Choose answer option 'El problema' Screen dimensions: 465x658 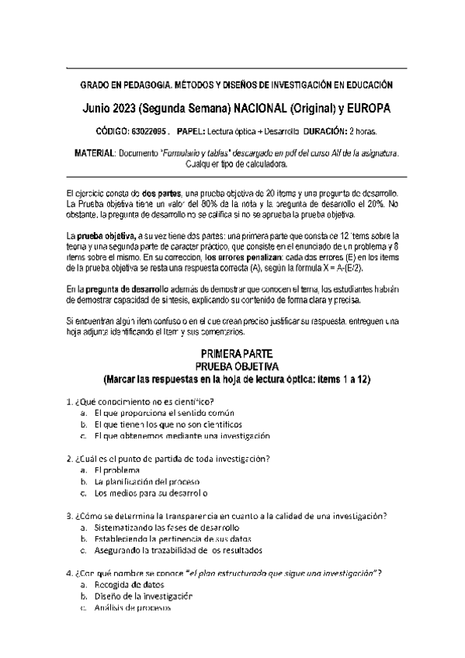pyautogui.click(x=116, y=470)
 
